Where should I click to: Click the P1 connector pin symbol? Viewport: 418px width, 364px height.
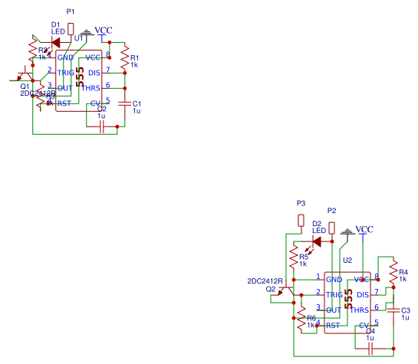coord(71,29)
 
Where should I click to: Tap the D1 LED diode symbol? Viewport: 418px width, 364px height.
coord(55,42)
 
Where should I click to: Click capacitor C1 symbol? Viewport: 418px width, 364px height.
coord(124,103)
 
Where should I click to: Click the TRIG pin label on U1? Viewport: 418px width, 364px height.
coord(66,73)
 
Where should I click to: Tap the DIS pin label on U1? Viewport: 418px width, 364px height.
coord(94,73)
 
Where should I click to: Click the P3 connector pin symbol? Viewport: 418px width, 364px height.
coord(301,220)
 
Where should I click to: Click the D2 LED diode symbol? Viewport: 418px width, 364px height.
coord(316,241)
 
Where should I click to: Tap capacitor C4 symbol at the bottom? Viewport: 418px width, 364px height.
coord(370,348)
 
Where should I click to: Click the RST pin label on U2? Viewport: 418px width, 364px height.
coord(333,326)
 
